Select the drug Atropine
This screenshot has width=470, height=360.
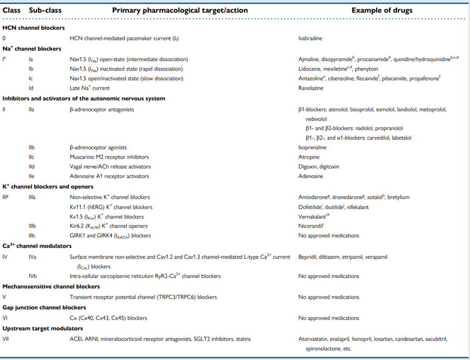click(308, 157)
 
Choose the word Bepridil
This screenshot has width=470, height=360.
click(308, 256)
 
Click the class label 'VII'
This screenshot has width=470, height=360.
click(7, 339)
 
